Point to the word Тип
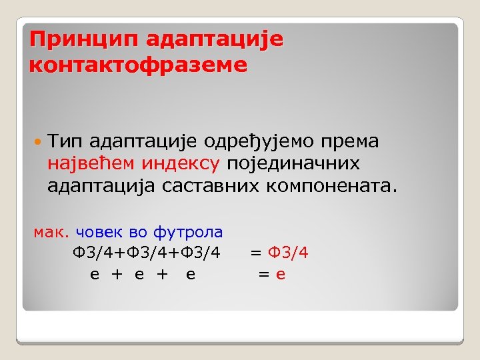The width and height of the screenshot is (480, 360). (x=65, y=141)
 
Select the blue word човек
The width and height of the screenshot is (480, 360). (x=99, y=232)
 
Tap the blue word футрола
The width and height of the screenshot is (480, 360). (x=189, y=232)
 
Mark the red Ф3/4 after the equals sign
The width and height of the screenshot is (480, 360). (x=288, y=253)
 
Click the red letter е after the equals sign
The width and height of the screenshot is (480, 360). (x=281, y=273)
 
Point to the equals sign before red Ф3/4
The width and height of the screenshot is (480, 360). (x=255, y=253)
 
